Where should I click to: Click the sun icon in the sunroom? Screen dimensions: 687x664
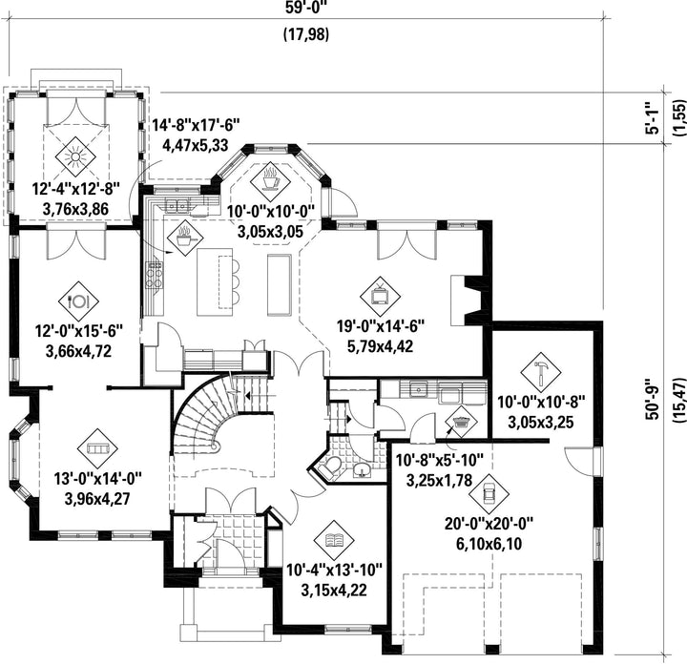pyautogui.click(x=75, y=156)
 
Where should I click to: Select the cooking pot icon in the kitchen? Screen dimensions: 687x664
pyautogui.click(x=184, y=238)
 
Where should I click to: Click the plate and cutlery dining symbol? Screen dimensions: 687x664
pyautogui.click(x=78, y=301)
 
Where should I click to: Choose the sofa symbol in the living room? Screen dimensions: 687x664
pyautogui.click(x=97, y=448)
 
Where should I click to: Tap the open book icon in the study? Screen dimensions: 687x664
pyautogui.click(x=334, y=540)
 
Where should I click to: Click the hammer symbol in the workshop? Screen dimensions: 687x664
pyautogui.click(x=541, y=371)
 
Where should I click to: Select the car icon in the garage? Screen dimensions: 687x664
pyautogui.click(x=489, y=493)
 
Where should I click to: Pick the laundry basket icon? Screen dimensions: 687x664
pyautogui.click(x=461, y=422)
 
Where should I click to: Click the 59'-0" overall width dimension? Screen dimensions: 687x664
pyautogui.click(x=306, y=8)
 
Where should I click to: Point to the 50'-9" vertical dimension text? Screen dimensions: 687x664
pyautogui.click(x=653, y=399)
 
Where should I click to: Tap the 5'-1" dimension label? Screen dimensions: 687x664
pyautogui.click(x=653, y=118)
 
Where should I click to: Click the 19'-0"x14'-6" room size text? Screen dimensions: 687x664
pyautogui.click(x=381, y=326)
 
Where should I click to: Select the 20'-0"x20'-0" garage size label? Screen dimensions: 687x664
pyautogui.click(x=489, y=524)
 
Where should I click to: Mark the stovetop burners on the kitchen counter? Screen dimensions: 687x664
pyautogui.click(x=155, y=275)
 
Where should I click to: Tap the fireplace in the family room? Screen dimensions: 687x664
pyautogui.click(x=467, y=300)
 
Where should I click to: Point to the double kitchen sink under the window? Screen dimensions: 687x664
pyautogui.click(x=177, y=204)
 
